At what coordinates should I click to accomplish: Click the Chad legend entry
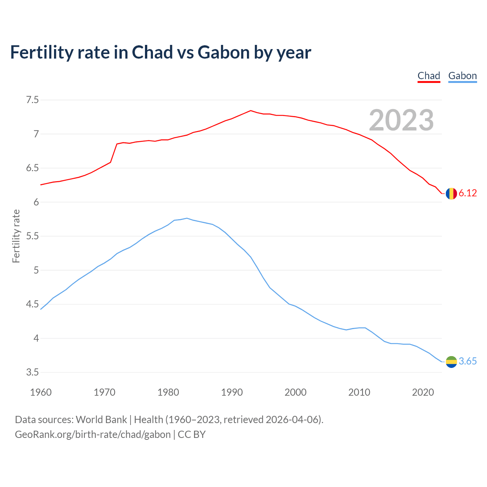tap(429, 76)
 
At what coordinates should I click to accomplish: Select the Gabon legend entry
tap(462, 76)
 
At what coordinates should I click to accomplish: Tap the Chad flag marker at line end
tap(451, 194)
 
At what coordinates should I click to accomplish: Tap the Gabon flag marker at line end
tap(451, 362)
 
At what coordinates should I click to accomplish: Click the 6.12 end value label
tap(468, 193)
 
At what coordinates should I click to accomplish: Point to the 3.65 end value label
tap(468, 361)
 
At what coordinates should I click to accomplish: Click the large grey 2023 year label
tap(401, 121)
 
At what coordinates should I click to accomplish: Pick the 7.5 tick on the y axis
tap(32, 100)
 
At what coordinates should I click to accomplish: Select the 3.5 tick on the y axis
tap(32, 372)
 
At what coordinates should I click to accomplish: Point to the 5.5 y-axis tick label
tap(32, 236)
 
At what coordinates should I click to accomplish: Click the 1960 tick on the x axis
tap(41, 392)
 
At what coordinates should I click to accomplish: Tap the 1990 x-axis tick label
tap(232, 392)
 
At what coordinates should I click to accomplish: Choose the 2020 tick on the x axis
tap(423, 392)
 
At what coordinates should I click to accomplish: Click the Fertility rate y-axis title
tap(16, 236)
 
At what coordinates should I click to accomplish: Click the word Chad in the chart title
tap(152, 53)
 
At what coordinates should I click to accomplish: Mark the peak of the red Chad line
tap(251, 111)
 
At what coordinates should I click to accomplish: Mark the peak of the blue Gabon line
tap(187, 218)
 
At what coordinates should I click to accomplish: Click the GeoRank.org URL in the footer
tap(92, 434)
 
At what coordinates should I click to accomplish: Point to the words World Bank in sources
tap(101, 420)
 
